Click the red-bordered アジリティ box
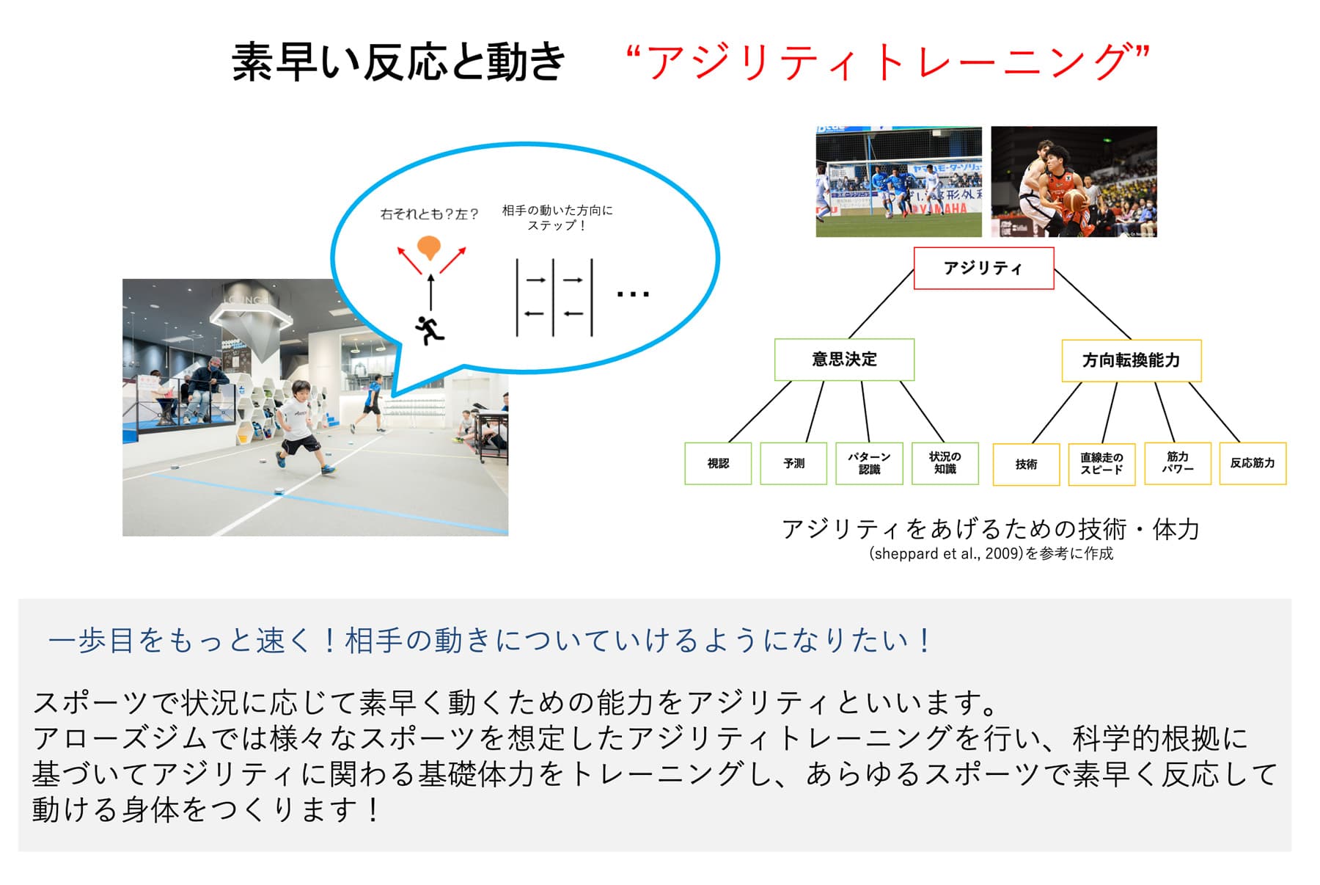(x=983, y=268)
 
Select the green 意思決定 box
(x=844, y=360)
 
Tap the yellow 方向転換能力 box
(x=1131, y=360)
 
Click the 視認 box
(x=718, y=463)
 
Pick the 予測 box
(x=793, y=463)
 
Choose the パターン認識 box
(x=869, y=463)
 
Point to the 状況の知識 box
(x=945, y=463)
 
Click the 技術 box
(x=1026, y=464)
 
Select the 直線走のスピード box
(x=1101, y=464)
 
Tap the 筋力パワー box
(x=1177, y=463)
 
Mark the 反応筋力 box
(x=1253, y=463)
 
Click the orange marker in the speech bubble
(x=429, y=248)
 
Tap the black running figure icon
(x=430, y=329)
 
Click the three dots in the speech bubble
(x=632, y=295)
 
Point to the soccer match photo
(x=898, y=181)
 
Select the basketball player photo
(x=1074, y=181)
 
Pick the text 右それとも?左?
(x=429, y=214)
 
